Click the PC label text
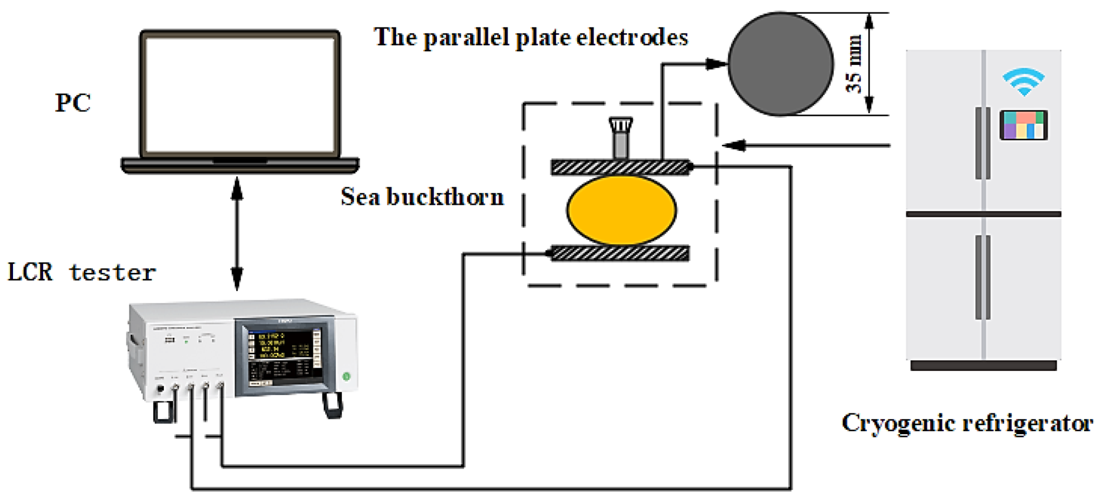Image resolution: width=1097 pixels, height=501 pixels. point(73,103)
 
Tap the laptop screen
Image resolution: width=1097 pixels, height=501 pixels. point(240,95)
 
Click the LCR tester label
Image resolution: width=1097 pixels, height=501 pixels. point(82,272)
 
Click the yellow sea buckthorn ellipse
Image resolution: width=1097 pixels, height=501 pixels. point(621,210)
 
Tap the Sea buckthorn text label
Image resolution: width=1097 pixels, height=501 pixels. point(422,197)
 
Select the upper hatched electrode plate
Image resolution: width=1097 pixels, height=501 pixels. point(620,167)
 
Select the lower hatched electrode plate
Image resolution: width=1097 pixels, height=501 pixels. point(620,254)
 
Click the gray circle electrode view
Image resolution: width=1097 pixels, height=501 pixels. point(780,64)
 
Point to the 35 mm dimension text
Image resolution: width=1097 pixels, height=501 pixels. point(854,64)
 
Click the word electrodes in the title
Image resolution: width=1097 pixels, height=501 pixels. point(632,37)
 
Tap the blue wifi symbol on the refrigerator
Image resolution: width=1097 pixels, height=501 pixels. point(1024,82)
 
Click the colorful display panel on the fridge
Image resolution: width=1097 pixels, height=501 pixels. point(1024,125)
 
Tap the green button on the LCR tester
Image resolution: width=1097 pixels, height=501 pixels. point(346,376)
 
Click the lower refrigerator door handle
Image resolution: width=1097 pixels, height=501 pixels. point(982,277)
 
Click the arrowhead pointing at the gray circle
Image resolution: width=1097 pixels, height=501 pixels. point(716,64)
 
